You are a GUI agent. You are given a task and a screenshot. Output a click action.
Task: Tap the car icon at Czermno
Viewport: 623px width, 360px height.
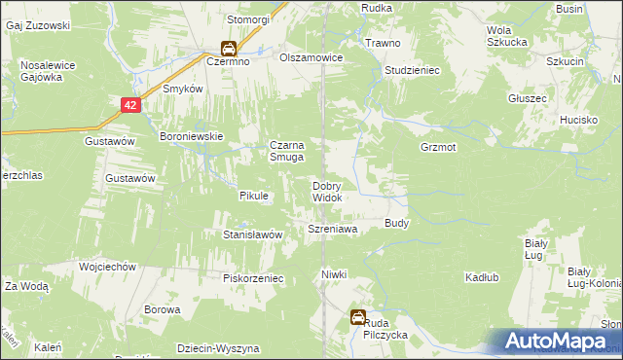[x=228, y=48]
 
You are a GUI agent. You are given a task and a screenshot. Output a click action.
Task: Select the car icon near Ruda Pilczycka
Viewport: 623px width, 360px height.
[x=358, y=317]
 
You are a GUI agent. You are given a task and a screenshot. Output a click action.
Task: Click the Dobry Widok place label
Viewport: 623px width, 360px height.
[x=326, y=192]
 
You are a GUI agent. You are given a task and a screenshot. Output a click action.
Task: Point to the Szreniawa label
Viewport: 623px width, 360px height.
[x=333, y=229]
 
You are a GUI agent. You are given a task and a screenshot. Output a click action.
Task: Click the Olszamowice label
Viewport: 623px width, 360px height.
[x=311, y=57]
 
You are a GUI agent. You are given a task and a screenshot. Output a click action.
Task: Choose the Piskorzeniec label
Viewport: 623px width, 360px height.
[x=253, y=277]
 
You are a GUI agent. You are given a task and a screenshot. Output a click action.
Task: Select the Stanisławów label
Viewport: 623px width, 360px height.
[x=253, y=234]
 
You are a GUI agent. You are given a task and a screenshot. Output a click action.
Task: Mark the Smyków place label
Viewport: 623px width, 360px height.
[x=182, y=89]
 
